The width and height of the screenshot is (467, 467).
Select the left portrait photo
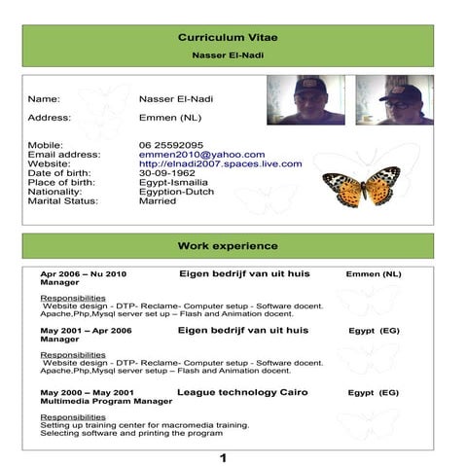point(305,100)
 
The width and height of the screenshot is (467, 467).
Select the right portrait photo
point(394,100)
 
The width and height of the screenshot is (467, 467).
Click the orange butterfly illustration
point(361,185)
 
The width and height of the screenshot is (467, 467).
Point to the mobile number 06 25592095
point(171,145)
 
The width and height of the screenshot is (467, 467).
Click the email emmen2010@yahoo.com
point(201,155)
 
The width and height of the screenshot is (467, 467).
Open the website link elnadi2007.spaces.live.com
point(220,164)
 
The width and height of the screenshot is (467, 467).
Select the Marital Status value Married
point(159,201)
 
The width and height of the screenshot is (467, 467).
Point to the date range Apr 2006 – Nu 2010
point(83,274)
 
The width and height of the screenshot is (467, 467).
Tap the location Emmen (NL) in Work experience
point(373,274)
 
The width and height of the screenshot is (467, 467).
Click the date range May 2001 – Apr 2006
point(85,331)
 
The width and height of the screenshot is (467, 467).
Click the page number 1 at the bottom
point(223,457)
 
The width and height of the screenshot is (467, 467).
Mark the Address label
point(49,118)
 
